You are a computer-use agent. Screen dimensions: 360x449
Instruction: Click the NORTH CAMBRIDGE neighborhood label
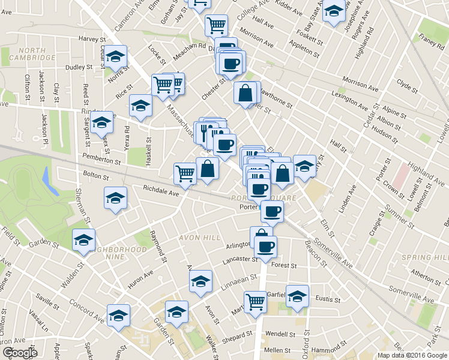(28, 54)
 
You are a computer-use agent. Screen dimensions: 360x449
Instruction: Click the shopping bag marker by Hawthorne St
(245, 93)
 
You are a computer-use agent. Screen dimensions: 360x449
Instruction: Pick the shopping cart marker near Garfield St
(256, 302)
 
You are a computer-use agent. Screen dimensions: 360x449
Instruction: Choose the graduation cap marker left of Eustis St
(297, 296)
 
